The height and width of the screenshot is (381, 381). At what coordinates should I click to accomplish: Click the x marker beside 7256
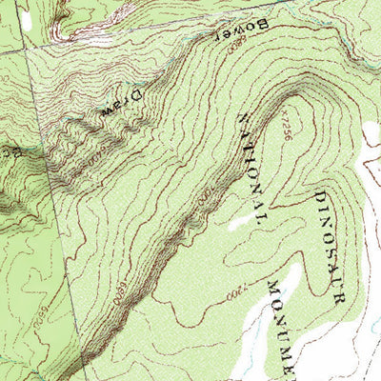pos(283,111)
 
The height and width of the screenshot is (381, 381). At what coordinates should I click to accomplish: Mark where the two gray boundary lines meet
pos(26,49)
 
